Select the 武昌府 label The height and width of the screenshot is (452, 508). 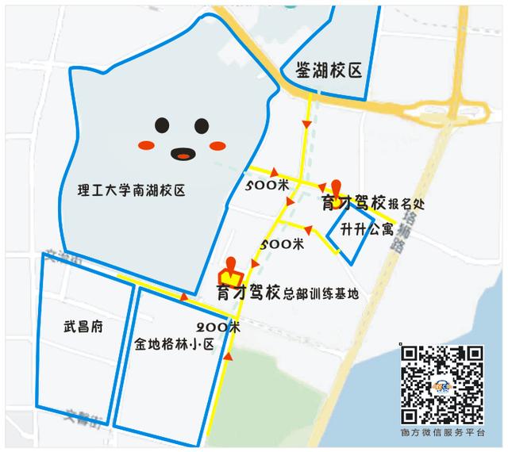tap(83, 327)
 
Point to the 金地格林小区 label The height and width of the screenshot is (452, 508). tap(175, 344)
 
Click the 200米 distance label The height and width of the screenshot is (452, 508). tap(219, 326)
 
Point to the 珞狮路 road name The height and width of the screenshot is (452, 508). tap(403, 229)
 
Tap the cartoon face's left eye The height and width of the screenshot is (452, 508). tap(162, 124)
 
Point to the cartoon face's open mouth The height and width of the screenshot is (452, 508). tap(183, 153)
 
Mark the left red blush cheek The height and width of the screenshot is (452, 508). tap(145, 145)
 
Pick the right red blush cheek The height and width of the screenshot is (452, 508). tap(217, 145)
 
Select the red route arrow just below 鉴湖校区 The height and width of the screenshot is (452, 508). tap(306, 124)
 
